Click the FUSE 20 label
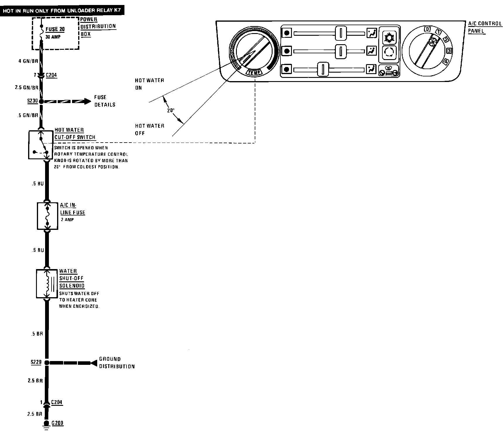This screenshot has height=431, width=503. click(x=55, y=29)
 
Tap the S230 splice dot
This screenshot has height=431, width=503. click(x=41, y=102)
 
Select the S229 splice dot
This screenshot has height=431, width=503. click(x=47, y=362)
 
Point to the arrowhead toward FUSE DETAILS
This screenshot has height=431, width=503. click(x=88, y=102)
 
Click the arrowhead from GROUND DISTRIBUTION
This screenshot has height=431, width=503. click(x=94, y=363)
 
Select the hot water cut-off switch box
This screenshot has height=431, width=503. click(x=41, y=145)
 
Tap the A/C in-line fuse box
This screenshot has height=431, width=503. click(x=47, y=215)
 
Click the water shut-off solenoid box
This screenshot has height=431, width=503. click(x=47, y=283)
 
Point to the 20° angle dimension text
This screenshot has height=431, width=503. click(x=171, y=111)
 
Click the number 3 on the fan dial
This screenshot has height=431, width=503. click(x=449, y=51)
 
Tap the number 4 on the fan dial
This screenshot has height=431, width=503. click(x=446, y=62)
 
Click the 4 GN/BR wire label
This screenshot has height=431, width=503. click(x=28, y=61)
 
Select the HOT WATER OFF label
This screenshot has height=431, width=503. click(x=149, y=129)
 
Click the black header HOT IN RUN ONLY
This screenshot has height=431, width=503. click(x=62, y=11)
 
